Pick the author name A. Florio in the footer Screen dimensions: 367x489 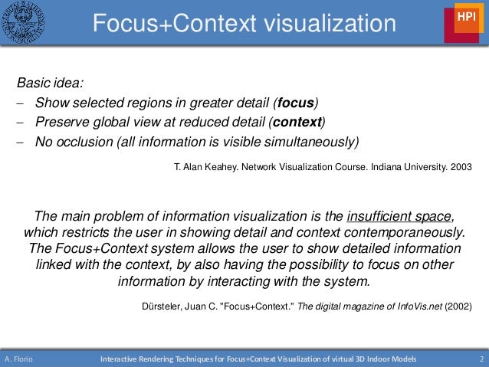[17, 359]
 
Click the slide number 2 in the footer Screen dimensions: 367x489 [481, 359]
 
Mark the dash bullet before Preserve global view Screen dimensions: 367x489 [18, 123]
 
